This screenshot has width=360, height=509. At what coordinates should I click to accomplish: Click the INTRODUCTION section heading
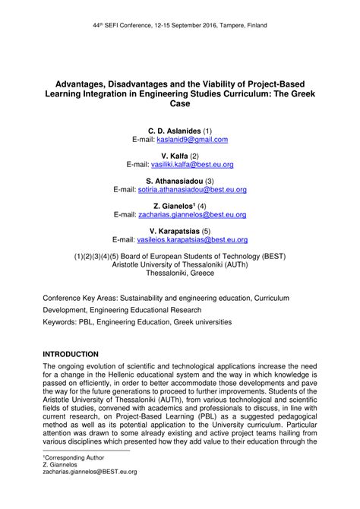pos(71,355)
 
